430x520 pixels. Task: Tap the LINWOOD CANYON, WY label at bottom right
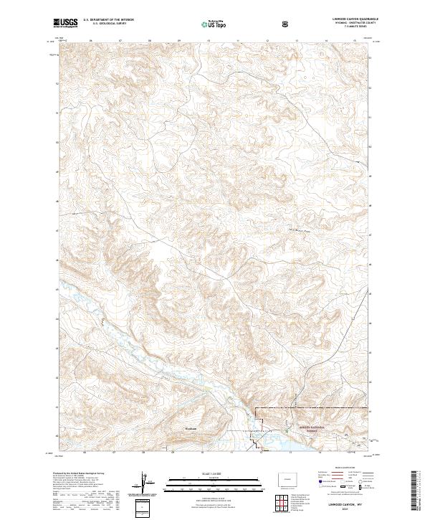tap(352, 505)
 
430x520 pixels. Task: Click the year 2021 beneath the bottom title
tap(352, 510)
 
